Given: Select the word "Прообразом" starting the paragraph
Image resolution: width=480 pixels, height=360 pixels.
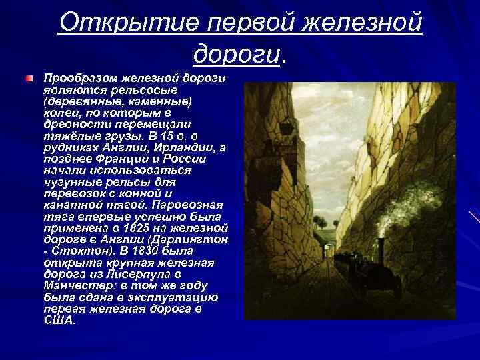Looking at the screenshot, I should [x=75, y=79].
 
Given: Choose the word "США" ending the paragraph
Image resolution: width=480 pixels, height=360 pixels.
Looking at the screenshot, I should [x=59, y=320].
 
